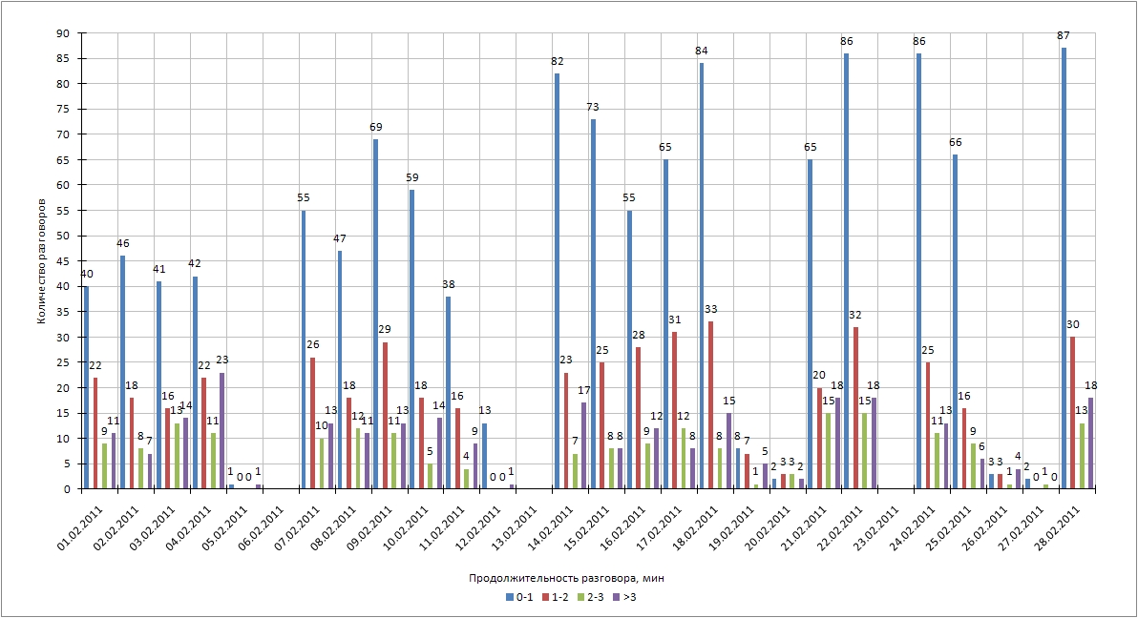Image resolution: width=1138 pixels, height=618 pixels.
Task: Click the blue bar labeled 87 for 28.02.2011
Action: (x=1064, y=268)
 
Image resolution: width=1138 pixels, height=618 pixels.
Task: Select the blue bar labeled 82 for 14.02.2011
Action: (x=557, y=281)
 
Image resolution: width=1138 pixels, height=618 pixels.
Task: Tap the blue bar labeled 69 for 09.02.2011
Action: (x=375, y=314)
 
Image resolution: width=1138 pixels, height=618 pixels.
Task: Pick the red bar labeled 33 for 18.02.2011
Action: (x=710, y=405)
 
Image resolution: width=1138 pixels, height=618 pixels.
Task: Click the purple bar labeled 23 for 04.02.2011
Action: (x=222, y=430)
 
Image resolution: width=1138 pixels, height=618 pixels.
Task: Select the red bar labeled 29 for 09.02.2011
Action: (x=385, y=415)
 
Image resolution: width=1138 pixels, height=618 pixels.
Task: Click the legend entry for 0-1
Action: (x=516, y=596)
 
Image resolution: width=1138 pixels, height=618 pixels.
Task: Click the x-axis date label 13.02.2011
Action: (x=514, y=519)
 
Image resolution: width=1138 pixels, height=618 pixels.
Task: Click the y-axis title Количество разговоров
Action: (x=42, y=260)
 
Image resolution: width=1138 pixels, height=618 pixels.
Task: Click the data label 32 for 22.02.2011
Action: (x=854, y=315)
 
